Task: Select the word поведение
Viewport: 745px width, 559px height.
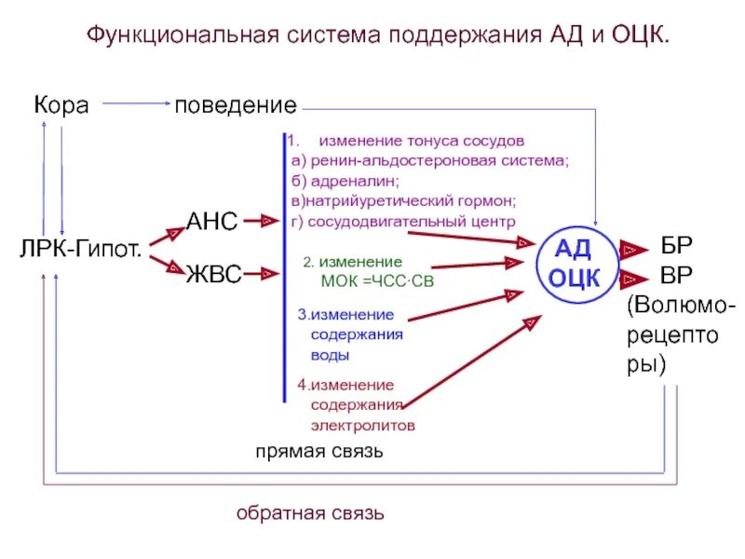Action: tap(236, 105)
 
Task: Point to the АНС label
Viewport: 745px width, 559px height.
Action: tap(212, 222)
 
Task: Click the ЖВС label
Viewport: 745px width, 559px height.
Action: tap(213, 274)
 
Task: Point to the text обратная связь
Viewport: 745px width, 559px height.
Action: tap(310, 513)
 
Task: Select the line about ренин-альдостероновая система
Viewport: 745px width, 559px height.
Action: tap(428, 161)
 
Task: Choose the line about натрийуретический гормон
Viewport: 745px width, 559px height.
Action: tap(402, 201)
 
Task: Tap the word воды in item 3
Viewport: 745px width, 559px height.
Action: tap(331, 355)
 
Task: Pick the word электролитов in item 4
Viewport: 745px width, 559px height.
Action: tap(363, 425)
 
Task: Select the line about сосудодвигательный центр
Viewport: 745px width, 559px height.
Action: tap(402, 222)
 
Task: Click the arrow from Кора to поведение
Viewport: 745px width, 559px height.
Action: tap(135, 105)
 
